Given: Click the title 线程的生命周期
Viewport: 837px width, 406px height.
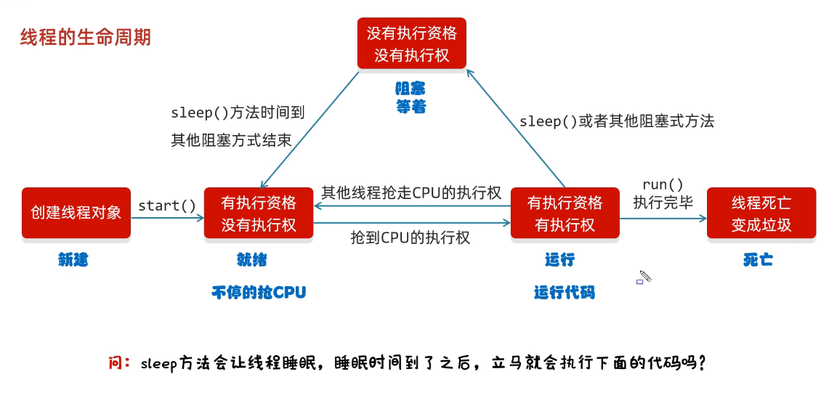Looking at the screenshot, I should pos(85,37).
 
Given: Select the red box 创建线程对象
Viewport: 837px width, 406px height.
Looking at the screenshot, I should pos(76,212).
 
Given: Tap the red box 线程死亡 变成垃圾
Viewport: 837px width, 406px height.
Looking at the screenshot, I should pos(761,213).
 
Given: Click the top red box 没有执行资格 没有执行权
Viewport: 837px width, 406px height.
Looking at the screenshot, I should pos(411,44).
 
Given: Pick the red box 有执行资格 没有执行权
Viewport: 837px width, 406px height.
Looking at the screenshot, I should pos(259,213).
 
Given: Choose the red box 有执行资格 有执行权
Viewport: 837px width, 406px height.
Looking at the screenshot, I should pos(565,213).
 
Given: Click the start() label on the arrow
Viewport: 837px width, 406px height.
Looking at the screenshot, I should pos(167,206).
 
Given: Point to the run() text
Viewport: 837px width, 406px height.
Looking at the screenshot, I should pos(663,184).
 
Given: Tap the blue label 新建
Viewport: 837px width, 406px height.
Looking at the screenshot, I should pos(73,259).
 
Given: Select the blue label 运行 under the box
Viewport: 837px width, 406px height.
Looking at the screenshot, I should pos(559,259).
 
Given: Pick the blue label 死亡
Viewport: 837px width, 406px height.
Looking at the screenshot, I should pos(758,259).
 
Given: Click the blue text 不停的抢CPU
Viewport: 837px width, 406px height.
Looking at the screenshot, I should pos(259,292).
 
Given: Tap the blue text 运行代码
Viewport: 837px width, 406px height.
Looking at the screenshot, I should pos(564,292).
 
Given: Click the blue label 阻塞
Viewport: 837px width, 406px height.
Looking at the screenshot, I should pos(411,88).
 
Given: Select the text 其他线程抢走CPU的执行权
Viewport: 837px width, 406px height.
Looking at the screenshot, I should pos(411,192).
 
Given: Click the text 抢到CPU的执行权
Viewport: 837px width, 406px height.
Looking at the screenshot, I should pos(410,237).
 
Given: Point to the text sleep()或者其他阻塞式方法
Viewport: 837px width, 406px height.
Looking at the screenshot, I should pos(616,121).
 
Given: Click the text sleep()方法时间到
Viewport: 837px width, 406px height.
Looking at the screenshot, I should pos(238,113).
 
